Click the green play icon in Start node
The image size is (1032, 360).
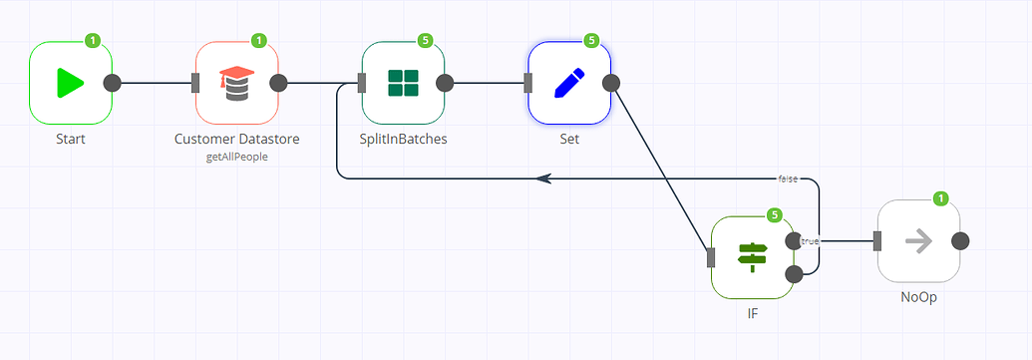[70, 83]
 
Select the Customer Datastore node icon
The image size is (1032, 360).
[236, 83]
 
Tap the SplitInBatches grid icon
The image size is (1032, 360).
[403, 83]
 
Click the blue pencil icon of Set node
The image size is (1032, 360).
[568, 83]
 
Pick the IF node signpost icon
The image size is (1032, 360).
[752, 257]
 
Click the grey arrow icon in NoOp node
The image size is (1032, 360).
[918, 240]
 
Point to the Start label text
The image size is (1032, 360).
[70, 139]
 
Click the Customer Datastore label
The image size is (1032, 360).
[236, 139]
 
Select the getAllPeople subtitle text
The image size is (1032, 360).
[236, 157]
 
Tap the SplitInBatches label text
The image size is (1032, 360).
[403, 139]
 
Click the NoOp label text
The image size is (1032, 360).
[918, 296]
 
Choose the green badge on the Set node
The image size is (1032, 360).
[591, 41]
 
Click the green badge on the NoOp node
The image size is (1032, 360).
[940, 198]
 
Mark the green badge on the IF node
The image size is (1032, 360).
[774, 215]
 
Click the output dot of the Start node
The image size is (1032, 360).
[113, 83]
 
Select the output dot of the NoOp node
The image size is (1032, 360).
[960, 240]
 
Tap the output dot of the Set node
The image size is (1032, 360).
[611, 83]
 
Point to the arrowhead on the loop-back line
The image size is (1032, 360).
[543, 179]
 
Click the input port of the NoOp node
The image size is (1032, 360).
[877, 240]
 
